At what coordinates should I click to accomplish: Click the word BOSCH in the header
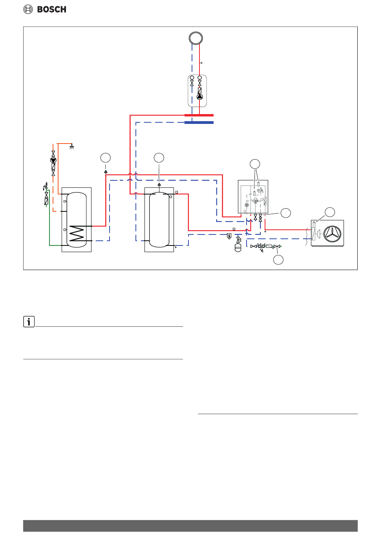point(51,9)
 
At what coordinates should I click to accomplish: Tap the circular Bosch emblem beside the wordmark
point(28,9)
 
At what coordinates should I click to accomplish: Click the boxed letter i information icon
point(29,322)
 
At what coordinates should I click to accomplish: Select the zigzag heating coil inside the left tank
point(77,233)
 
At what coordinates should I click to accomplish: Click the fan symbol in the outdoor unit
point(332,234)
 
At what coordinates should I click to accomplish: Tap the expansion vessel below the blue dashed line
point(238,248)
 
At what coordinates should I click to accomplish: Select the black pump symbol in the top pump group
point(199,97)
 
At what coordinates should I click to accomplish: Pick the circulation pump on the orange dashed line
point(53,160)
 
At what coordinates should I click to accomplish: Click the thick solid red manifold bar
point(199,115)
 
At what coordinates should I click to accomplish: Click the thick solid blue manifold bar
point(199,122)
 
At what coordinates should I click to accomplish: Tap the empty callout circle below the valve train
point(278,260)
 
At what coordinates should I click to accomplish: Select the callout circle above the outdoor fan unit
point(330,212)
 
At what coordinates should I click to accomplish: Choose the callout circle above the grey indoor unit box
point(255,164)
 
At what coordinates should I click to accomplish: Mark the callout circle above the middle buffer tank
point(159,158)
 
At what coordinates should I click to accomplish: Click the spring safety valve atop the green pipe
point(45,186)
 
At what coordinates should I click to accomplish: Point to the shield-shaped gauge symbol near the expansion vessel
point(229,236)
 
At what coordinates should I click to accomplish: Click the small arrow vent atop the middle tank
point(159,185)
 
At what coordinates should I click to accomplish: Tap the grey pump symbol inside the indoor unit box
point(247,205)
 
